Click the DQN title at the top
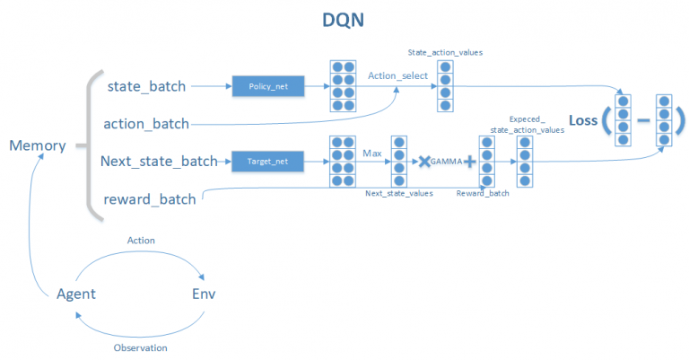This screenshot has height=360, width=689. point(344,20)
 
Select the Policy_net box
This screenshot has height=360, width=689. point(266,86)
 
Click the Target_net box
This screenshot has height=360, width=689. point(266,162)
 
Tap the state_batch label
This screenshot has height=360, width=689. point(146,86)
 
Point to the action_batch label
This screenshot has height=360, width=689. point(146,123)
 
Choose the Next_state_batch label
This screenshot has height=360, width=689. point(159,162)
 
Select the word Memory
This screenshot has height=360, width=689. point(37,145)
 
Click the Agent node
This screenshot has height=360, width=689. point(76,294)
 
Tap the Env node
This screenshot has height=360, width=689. point(204,294)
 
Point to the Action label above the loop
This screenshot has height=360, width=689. point(142,240)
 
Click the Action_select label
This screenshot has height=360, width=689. point(397,75)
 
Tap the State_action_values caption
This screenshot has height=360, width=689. point(446,52)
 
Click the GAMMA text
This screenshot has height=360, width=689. point(446,162)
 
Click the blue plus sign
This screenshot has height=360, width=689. point(468,162)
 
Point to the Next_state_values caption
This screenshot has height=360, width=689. point(398,193)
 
